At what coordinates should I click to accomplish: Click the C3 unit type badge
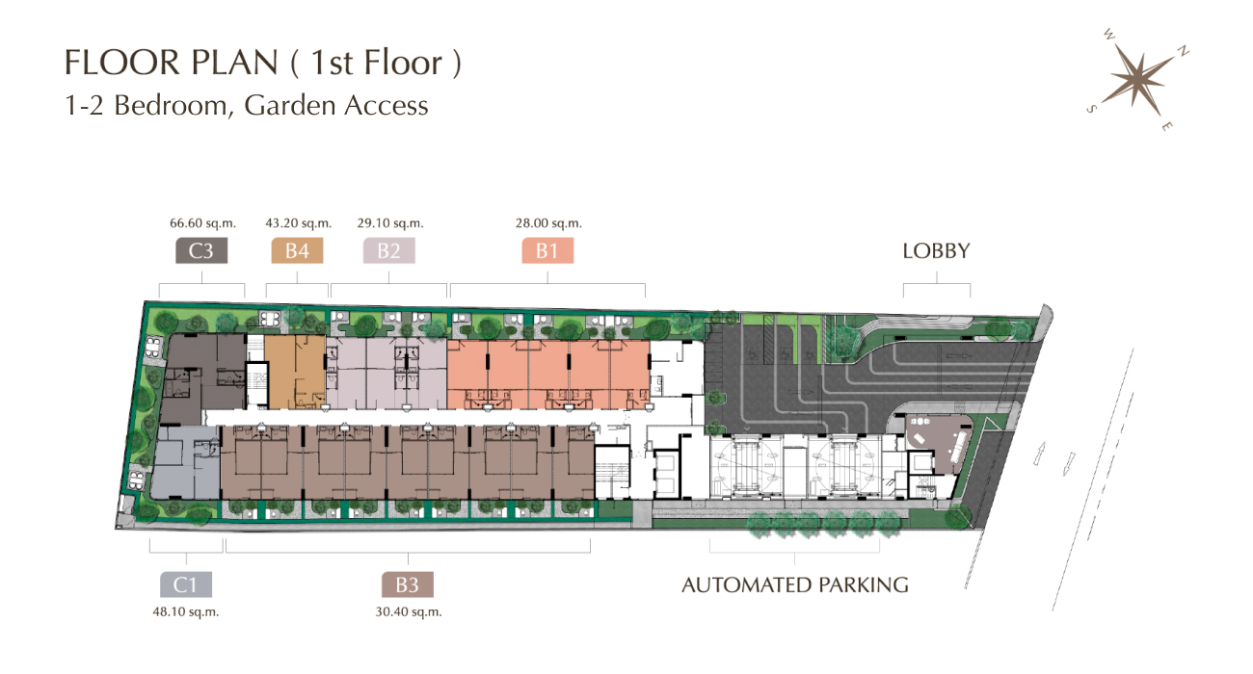201,250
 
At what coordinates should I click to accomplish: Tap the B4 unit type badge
297,250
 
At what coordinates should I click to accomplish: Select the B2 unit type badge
388,250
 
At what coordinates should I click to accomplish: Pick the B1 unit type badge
547,250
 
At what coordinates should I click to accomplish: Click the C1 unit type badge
186,584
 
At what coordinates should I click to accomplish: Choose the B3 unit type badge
407,584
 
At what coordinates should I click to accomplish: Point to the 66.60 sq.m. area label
203,223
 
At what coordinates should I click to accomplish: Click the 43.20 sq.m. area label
299,223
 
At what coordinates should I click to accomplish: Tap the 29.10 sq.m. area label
390,223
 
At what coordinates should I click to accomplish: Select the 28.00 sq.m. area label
548,223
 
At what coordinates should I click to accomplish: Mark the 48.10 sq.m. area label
186,612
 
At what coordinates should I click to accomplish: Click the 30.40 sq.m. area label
409,612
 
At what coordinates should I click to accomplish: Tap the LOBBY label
936,251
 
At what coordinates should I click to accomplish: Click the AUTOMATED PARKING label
795,585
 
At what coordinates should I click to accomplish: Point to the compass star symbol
1139,81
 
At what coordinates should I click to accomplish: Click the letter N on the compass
1183,52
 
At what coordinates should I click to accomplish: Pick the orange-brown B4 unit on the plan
295,373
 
